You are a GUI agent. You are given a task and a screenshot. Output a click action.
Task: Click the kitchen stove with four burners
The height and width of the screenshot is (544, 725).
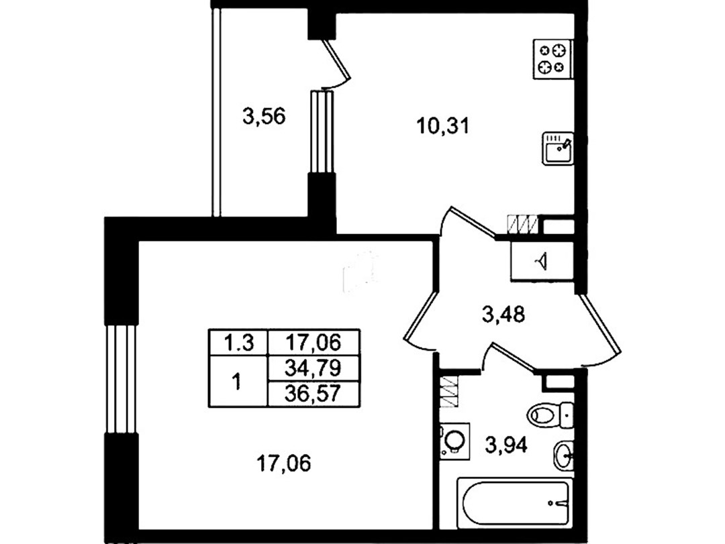click(553, 59)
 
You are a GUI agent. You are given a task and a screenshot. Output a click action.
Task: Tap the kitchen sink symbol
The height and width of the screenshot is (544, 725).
click(558, 148)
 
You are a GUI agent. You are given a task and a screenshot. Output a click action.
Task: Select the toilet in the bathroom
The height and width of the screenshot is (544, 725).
click(550, 414)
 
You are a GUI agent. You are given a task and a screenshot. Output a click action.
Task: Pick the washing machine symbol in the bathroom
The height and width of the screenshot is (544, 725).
click(454, 441)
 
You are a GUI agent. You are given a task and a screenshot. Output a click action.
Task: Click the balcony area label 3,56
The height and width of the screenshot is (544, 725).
click(264, 116)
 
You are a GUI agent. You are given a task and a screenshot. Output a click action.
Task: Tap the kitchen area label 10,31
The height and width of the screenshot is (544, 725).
click(443, 125)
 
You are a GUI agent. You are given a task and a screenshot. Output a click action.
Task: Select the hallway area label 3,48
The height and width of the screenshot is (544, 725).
click(503, 315)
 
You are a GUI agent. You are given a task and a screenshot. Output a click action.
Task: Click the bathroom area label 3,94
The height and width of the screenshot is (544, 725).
click(506, 445)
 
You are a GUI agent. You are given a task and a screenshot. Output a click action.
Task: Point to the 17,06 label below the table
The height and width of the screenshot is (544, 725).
click(284, 463)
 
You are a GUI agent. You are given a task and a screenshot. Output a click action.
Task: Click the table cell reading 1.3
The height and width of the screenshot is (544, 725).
click(238, 343)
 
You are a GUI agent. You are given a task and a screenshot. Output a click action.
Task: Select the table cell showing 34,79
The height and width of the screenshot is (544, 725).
click(313, 368)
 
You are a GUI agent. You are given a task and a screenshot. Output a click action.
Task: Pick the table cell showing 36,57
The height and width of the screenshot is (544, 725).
click(313, 394)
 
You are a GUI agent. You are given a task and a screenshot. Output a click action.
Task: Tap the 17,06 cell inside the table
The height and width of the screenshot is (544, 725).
click(313, 343)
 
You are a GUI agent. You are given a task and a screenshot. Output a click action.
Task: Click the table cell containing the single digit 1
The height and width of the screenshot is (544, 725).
click(238, 382)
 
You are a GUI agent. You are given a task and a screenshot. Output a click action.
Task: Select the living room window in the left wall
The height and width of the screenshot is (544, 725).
click(121, 378)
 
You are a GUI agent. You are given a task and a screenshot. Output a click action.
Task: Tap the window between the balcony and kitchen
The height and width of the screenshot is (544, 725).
click(322, 131)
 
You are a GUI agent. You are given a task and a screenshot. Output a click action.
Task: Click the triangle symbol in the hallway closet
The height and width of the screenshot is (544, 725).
click(542, 261)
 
